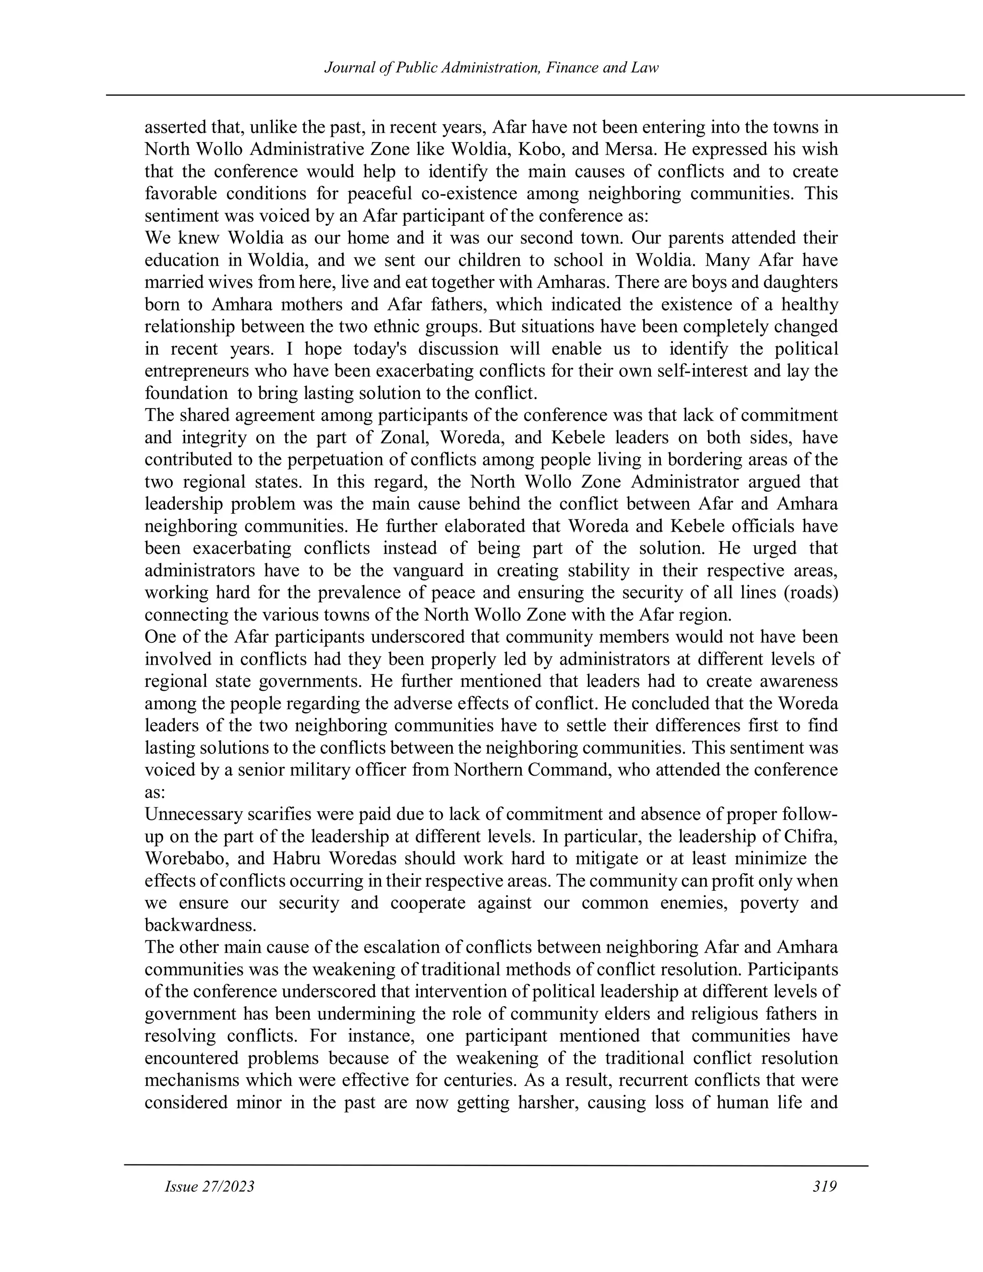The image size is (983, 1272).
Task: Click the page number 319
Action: click(x=825, y=1187)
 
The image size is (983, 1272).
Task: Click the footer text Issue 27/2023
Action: click(x=210, y=1187)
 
